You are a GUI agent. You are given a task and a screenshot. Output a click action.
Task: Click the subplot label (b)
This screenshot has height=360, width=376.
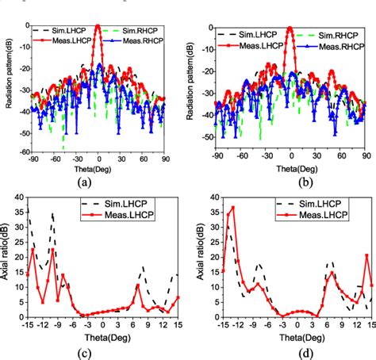click(x=290, y=181)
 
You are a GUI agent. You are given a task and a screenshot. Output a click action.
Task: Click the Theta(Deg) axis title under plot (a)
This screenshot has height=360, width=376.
click(x=98, y=169)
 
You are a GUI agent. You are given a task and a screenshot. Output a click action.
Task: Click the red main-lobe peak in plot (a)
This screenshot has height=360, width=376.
click(x=97, y=26)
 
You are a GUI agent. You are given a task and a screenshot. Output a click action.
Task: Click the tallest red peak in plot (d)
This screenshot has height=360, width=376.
click(x=232, y=208)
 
